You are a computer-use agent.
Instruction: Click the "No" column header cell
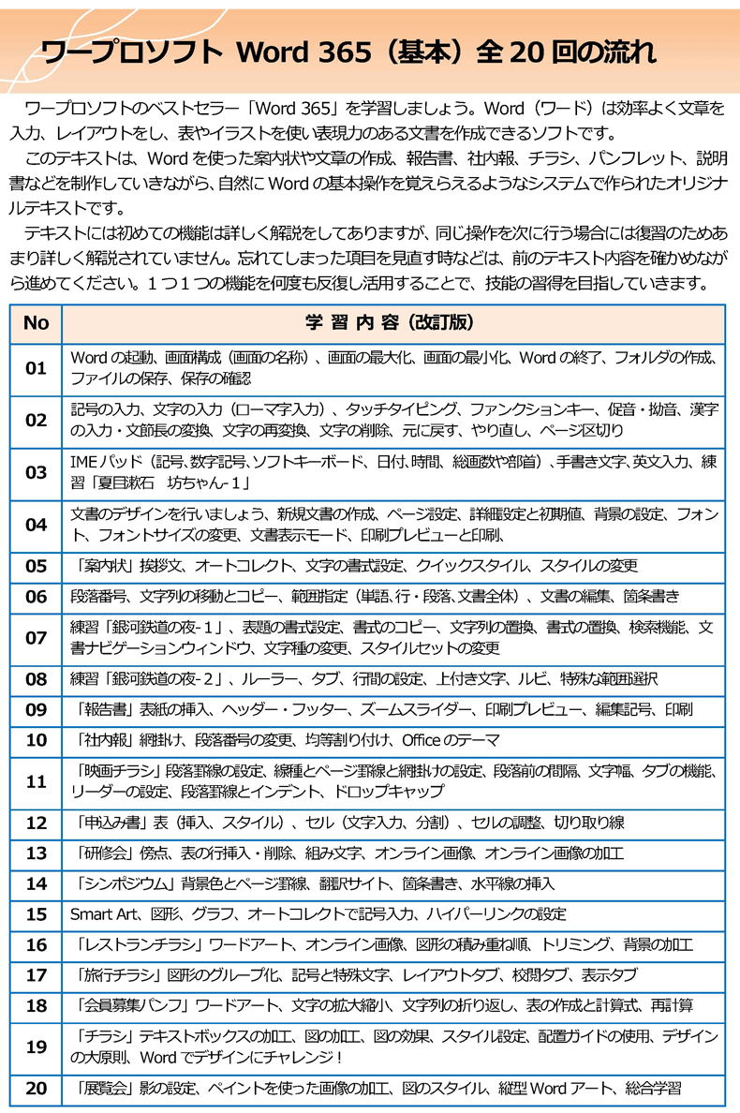click(x=36, y=323)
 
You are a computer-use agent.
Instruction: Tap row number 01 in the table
click(x=36, y=368)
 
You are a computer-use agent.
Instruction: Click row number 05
click(x=36, y=566)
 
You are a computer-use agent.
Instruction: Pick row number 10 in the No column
click(x=36, y=740)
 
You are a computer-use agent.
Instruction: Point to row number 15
click(x=36, y=913)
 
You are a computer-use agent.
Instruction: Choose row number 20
click(x=36, y=1089)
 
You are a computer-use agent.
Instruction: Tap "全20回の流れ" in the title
click(x=567, y=50)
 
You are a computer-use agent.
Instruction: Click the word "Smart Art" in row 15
click(x=102, y=913)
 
